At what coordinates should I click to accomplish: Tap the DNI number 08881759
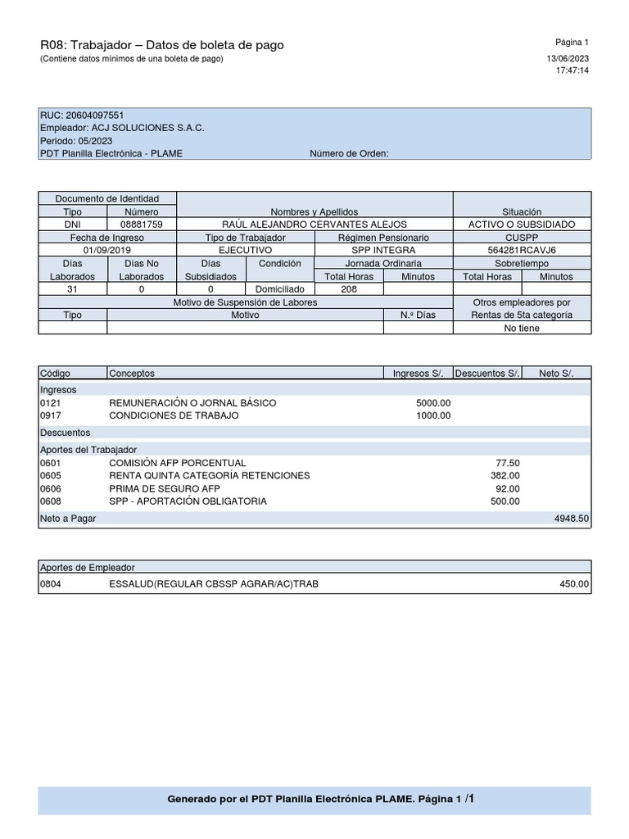141,224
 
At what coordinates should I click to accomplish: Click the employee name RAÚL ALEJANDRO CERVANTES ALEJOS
314,224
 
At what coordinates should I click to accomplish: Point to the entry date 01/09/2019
106,250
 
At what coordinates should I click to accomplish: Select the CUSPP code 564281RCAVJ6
522,250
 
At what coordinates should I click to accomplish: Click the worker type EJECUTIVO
245,250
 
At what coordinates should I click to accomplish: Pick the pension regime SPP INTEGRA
383,250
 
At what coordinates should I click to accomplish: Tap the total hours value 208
349,289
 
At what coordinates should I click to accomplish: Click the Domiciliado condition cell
280,289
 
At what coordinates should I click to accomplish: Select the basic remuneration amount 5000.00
433,403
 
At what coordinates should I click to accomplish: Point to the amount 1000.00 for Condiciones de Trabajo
433,415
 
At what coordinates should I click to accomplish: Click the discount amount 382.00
505,475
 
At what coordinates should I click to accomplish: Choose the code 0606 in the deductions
51,488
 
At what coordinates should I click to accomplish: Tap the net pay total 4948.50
571,519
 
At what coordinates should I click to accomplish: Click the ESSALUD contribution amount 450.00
573,584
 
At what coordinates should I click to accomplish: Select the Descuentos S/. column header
487,374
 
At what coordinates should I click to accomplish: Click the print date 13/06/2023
568,58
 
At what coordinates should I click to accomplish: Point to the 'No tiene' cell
522,328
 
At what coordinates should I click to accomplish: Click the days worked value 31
72,289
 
